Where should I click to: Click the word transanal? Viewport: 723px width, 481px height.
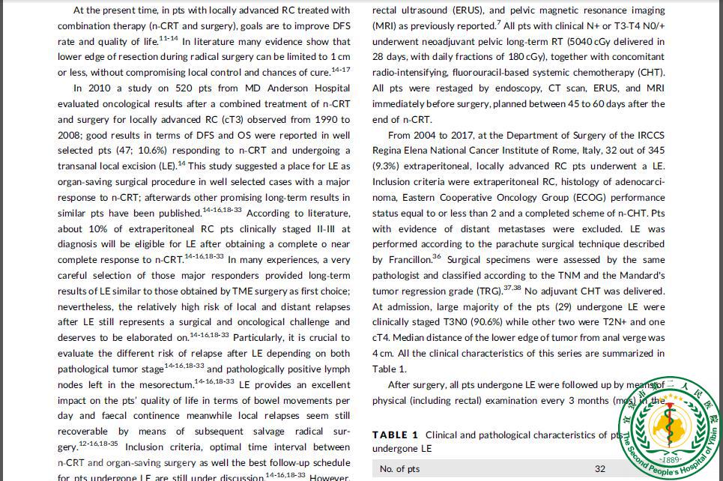(x=82, y=166)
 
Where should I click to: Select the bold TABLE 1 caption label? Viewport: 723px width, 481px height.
(x=396, y=435)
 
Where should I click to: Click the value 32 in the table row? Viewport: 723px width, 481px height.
(x=600, y=469)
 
